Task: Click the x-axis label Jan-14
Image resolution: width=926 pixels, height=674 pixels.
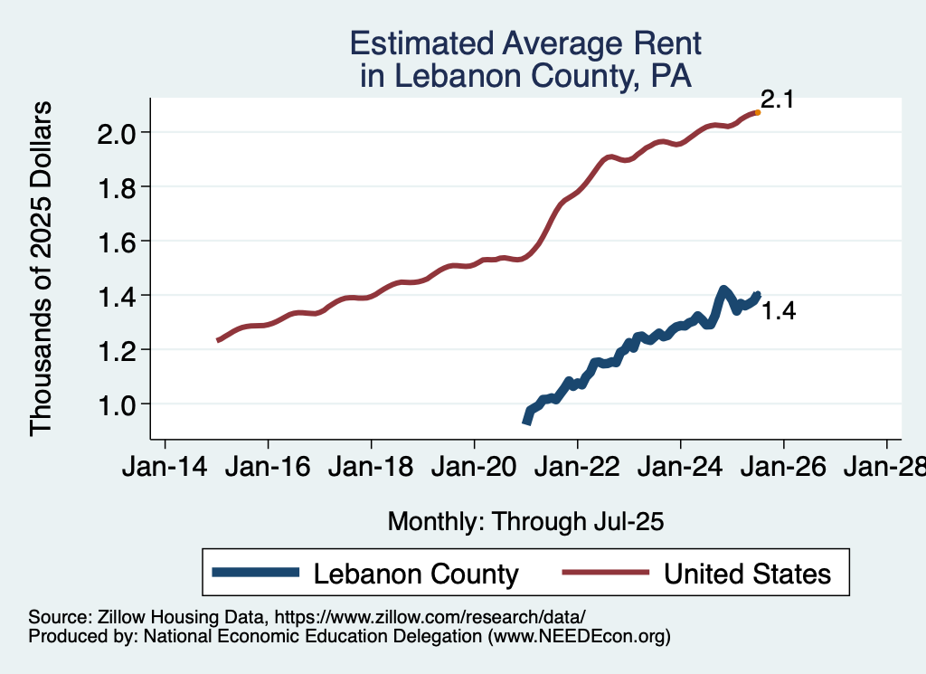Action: click(x=165, y=469)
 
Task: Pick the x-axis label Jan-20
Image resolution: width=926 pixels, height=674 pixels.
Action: click(x=474, y=469)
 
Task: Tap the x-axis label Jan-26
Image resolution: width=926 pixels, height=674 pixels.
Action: click(x=783, y=469)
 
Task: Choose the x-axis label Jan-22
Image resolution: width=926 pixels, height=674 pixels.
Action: click(x=577, y=469)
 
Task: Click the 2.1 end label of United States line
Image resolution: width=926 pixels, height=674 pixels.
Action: click(x=776, y=100)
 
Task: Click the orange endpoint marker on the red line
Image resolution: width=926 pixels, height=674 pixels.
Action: click(x=757, y=112)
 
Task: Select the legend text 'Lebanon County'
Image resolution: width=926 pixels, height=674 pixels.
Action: click(x=416, y=574)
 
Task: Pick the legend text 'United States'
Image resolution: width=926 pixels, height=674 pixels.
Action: click(x=747, y=574)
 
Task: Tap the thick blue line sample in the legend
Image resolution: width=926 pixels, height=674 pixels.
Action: click(x=255, y=573)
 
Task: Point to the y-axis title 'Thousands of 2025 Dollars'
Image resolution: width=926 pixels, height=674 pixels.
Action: click(x=42, y=268)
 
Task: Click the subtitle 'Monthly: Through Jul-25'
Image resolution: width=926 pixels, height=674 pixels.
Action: click(x=525, y=521)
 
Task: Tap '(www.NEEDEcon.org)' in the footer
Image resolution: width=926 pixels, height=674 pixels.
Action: click(x=579, y=636)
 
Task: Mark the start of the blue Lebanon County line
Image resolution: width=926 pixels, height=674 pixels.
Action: click(x=526, y=421)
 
